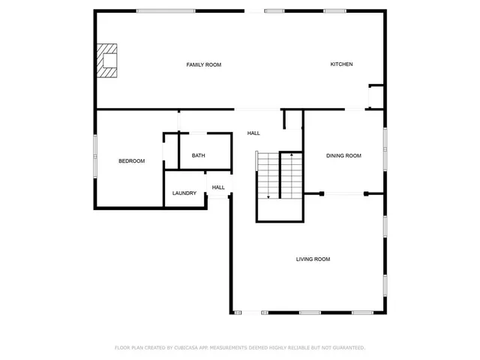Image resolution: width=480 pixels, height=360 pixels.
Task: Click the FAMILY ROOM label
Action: point(203,65)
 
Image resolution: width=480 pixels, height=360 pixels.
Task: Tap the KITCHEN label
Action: point(341,64)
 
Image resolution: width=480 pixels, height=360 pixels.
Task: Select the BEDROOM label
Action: point(131,161)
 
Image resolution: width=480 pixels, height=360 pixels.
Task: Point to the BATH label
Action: point(198,156)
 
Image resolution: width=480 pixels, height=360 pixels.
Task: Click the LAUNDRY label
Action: point(184,193)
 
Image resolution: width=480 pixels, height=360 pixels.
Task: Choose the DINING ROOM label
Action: point(343,156)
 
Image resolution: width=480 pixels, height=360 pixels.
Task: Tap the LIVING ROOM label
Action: point(313,259)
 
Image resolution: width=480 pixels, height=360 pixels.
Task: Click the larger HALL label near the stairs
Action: point(253,133)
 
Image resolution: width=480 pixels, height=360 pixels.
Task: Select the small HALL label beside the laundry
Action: point(218,187)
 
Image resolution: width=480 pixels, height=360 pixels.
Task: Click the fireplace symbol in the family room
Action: point(108,60)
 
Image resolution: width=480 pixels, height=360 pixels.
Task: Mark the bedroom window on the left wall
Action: point(95,156)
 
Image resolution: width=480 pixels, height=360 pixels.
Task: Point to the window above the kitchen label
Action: point(334,10)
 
